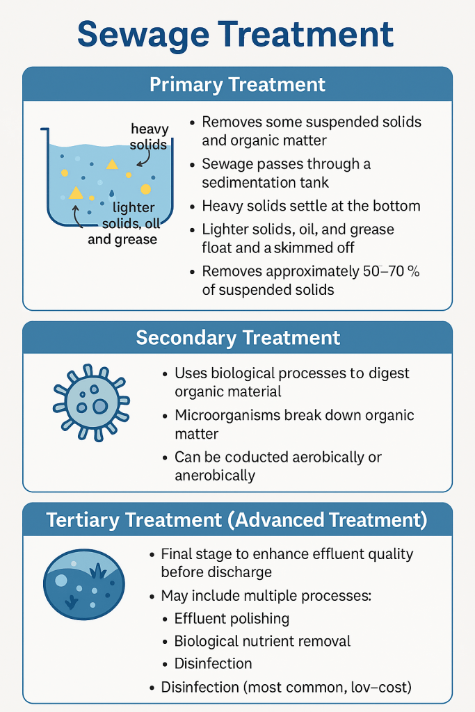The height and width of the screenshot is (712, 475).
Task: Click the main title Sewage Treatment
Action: pos(235,35)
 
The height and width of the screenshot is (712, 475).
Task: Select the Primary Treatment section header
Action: pos(238,84)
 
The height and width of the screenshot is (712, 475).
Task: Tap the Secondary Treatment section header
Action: pos(238,338)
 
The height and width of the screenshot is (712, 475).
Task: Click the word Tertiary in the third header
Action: pos(83,520)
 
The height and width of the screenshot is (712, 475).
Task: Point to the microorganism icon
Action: pos(91,403)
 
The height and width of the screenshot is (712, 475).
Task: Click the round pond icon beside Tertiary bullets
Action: pos(84,584)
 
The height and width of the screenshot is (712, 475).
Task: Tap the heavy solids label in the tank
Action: pos(149,136)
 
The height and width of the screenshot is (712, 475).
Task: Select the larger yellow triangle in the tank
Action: pos(76,193)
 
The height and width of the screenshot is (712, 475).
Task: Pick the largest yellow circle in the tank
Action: pos(146,189)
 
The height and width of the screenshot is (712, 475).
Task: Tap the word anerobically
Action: pos(215,476)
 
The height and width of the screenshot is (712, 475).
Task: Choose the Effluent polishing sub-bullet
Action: pos(232,618)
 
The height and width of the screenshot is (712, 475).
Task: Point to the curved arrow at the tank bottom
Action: pos(77,217)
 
